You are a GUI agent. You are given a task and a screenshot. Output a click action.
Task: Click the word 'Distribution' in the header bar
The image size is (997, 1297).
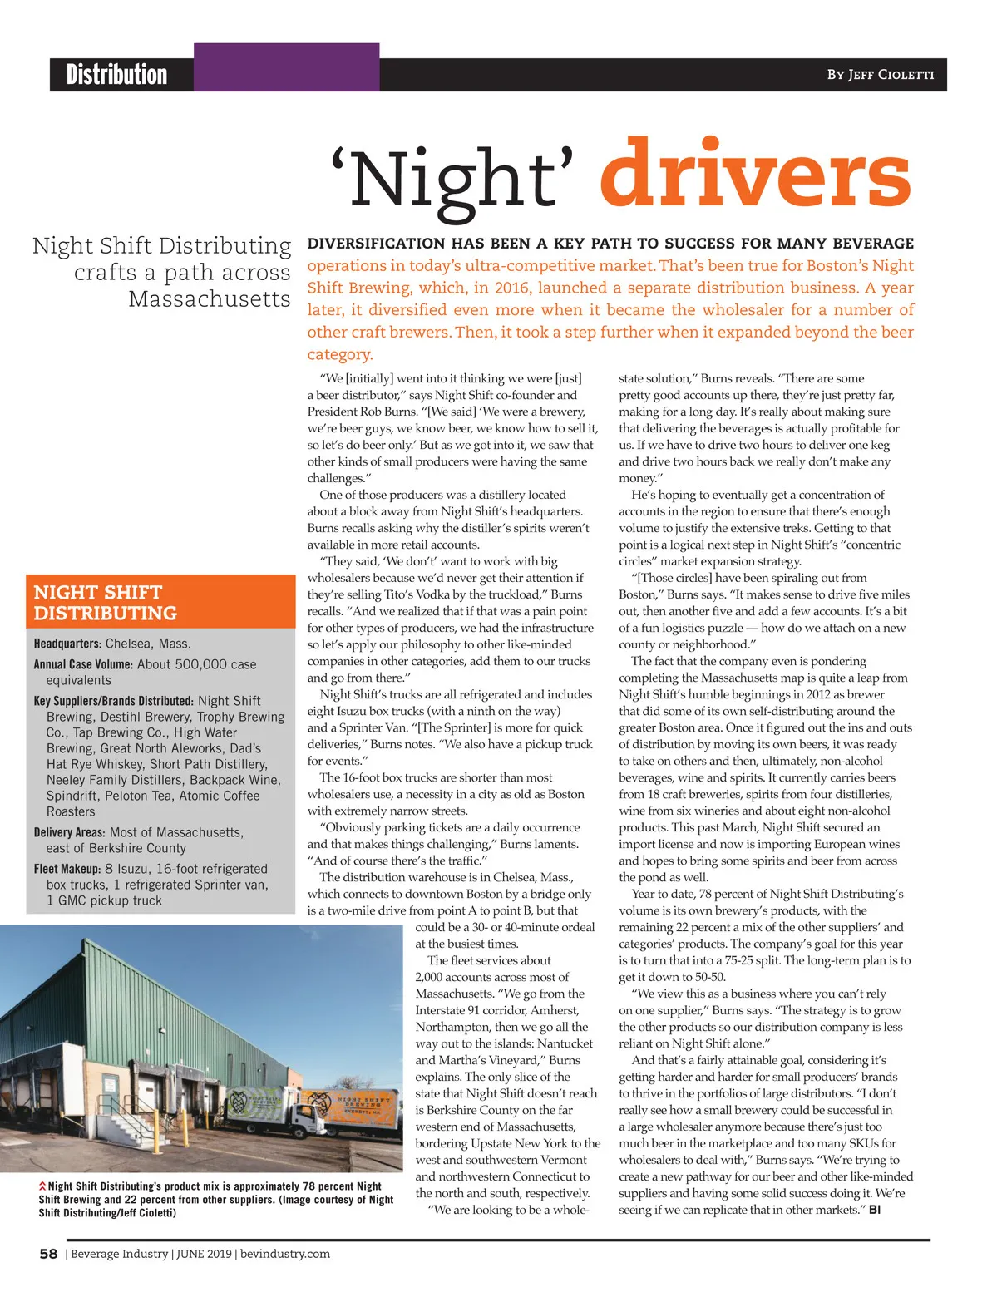pyautogui.click(x=116, y=75)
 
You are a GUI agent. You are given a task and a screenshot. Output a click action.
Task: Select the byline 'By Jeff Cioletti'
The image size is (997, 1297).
pyautogui.click(x=880, y=75)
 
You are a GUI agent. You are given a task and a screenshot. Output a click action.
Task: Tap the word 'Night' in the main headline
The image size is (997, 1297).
pyautogui.click(x=453, y=179)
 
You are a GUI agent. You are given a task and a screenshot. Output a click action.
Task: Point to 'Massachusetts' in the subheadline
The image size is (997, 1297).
pyautogui.click(x=210, y=298)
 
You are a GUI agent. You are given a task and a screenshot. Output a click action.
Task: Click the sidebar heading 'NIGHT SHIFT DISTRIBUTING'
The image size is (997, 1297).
pyautogui.click(x=106, y=603)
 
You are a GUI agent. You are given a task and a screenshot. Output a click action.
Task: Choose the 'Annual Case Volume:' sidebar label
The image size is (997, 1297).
pyautogui.click(x=83, y=664)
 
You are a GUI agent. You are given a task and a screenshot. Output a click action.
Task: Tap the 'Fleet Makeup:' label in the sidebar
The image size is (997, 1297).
pyautogui.click(x=67, y=869)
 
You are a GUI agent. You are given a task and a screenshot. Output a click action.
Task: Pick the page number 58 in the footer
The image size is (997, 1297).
pyautogui.click(x=48, y=1254)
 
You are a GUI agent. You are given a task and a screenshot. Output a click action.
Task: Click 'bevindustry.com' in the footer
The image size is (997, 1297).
pyautogui.click(x=285, y=1254)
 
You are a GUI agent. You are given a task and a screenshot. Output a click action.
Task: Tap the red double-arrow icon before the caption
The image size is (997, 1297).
pyautogui.click(x=42, y=1186)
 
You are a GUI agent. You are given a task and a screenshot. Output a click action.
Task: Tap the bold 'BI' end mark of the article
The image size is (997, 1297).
pyautogui.click(x=875, y=1210)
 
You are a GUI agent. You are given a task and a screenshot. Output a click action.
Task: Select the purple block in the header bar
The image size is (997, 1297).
pyautogui.click(x=286, y=67)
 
